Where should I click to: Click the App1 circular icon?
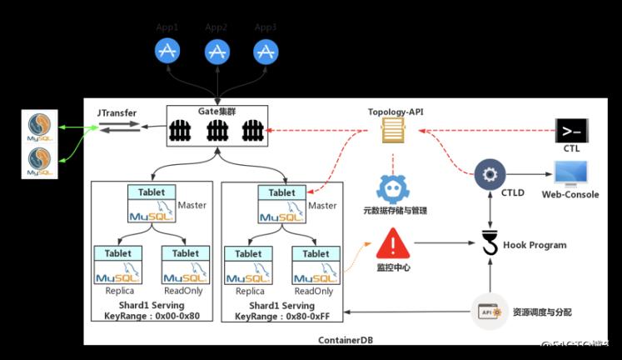pyautogui.click(x=167, y=52)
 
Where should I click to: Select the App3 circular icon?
pyautogui.click(x=266, y=52)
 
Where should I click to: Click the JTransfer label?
pyautogui.click(x=117, y=112)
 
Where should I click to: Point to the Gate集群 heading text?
pyautogui.click(x=216, y=112)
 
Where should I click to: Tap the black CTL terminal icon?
pyautogui.click(x=571, y=131)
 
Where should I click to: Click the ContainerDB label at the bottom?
pyautogui.click(x=346, y=340)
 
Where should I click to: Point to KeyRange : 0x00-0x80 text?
pyautogui.click(x=151, y=317)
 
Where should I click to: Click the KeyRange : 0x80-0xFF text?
pyautogui.click(x=283, y=317)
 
